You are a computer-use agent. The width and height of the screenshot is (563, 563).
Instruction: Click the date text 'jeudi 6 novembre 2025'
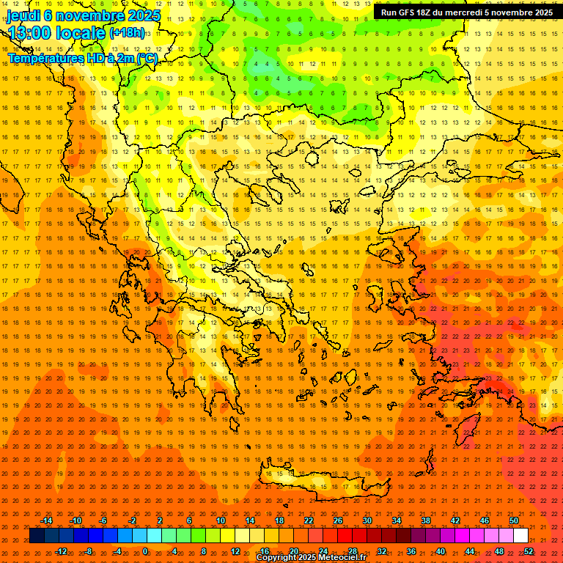84,15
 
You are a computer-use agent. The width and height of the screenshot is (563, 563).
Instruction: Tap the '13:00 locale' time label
56,33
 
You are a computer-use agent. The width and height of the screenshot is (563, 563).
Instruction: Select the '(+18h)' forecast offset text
128,33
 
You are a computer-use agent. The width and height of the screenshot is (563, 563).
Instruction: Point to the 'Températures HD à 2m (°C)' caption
82,57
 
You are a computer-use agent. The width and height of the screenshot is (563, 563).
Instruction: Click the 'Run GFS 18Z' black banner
467,12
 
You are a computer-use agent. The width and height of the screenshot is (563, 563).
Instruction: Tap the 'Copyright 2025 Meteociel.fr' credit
312,558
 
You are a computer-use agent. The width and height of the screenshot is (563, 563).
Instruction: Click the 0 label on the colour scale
145,551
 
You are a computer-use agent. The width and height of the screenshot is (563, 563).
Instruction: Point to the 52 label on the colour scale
528,551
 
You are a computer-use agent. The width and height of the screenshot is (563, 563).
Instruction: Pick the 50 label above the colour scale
514,520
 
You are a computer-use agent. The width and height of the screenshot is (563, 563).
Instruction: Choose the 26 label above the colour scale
338,520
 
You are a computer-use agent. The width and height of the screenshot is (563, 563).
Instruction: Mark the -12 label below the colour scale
62,551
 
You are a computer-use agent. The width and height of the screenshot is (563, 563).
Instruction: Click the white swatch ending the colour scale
520,536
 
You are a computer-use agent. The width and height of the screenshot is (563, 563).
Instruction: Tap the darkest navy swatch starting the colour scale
37,536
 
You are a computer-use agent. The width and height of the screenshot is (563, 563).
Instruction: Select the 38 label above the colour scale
426,520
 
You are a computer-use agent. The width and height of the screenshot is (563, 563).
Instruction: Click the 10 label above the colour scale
221,520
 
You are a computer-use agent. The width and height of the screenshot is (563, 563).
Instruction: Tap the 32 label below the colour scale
381,551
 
